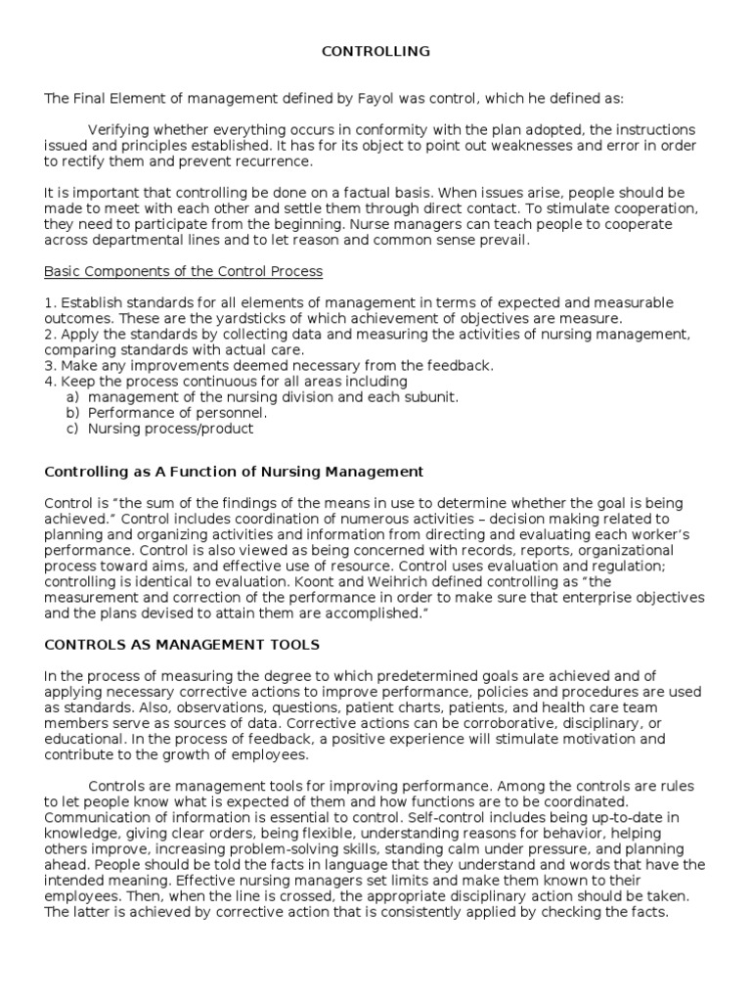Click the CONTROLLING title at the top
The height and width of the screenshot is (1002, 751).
(375, 52)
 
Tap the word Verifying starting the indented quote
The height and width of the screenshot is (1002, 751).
(120, 130)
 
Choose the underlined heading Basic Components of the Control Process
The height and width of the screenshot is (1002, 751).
(183, 271)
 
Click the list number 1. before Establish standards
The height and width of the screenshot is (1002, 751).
(50, 302)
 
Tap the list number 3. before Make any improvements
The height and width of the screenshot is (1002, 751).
(50, 365)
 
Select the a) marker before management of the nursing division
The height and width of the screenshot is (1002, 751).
(72, 396)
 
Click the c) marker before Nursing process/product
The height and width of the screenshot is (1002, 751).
(72, 428)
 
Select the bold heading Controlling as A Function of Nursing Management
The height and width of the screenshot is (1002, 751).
(234, 472)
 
